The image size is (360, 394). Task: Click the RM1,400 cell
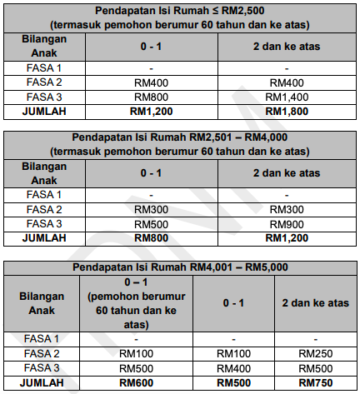click(x=286, y=97)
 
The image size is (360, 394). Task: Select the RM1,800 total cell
click(x=286, y=111)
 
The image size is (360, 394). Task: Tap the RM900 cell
click(x=286, y=224)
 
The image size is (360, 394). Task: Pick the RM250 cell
click(x=315, y=354)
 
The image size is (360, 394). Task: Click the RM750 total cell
click(x=315, y=382)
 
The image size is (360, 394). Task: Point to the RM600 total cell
click(x=135, y=382)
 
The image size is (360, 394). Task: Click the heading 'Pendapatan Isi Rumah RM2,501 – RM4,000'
click(x=179, y=137)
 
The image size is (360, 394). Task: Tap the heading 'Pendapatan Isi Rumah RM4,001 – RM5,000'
click(x=179, y=267)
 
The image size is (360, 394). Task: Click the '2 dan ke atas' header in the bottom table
click(x=315, y=303)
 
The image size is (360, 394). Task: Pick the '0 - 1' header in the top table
click(x=150, y=46)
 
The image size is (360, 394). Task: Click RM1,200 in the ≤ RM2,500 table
click(x=150, y=111)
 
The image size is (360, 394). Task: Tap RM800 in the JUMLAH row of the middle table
click(x=150, y=238)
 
